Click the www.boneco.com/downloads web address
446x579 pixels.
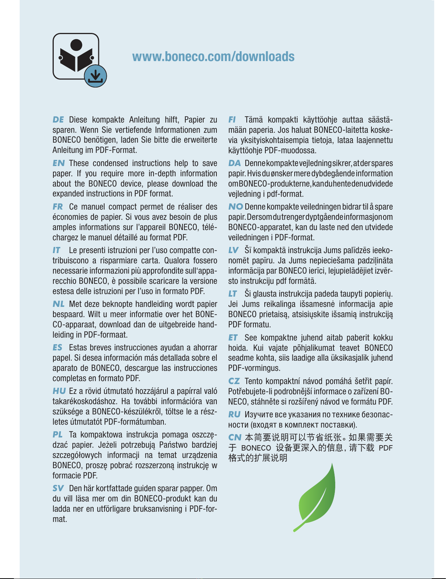tap(213, 57)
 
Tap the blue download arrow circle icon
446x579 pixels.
tap(95, 76)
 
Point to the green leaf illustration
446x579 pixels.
tap(317, 497)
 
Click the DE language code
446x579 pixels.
tap(58, 120)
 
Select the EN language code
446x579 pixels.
tap(58, 163)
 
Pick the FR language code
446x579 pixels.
tap(58, 207)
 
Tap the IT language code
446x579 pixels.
tap(56, 250)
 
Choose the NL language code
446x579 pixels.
tap(58, 304)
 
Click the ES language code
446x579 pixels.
tap(58, 347)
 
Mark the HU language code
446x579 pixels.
tap(59, 391)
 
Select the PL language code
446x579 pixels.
tap(58, 435)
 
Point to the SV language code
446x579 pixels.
tap(58, 488)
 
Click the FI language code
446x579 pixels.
tap(232, 120)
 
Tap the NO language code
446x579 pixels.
tap(235, 207)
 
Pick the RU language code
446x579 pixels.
tap(234, 414)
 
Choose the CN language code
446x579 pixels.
tap(235, 437)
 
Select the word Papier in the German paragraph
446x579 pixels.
tap(194, 120)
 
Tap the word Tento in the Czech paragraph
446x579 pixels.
tap(253, 381)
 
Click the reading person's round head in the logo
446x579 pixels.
tap(76, 45)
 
